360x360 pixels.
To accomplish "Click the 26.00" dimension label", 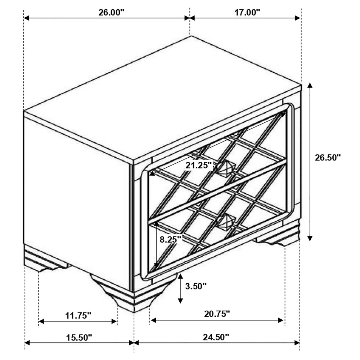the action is [x=111, y=12].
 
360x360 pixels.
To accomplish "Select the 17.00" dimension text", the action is [x=247, y=12].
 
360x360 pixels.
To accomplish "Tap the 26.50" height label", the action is [x=328, y=158].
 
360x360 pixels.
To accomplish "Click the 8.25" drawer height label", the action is [x=171, y=240].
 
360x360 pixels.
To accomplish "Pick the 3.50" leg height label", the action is [x=196, y=286].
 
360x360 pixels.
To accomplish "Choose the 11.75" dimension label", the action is [x=78, y=315].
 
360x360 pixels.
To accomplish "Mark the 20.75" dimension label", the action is [x=217, y=314].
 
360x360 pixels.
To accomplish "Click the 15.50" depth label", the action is [x=79, y=338].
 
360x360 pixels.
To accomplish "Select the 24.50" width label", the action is [x=216, y=337].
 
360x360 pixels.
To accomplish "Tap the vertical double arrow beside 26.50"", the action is [x=310, y=162].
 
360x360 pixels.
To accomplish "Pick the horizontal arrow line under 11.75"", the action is [x=78, y=321].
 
